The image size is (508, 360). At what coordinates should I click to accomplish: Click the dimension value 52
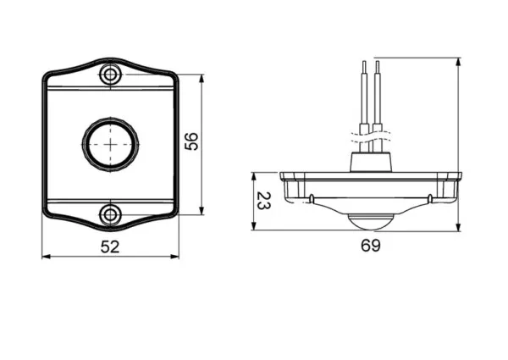[110, 246]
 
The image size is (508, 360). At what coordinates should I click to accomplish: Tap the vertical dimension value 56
[191, 141]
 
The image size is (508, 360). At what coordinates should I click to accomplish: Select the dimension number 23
[263, 201]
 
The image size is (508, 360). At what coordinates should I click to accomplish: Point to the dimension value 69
[371, 246]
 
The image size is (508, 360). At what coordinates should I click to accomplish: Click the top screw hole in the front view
[110, 75]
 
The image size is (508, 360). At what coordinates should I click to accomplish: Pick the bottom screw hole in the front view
[110, 214]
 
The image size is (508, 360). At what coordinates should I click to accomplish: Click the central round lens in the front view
[110, 145]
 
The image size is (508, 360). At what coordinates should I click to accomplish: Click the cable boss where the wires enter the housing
[372, 162]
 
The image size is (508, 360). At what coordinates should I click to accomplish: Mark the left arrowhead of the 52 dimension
[46, 257]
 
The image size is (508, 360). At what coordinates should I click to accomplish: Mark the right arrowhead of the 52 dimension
[175, 257]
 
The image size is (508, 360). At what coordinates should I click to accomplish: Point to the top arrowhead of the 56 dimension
[202, 79]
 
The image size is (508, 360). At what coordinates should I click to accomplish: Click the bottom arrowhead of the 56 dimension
[202, 211]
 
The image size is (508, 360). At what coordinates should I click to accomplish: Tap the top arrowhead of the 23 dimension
[254, 176]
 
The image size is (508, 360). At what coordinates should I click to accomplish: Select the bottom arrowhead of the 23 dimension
[254, 226]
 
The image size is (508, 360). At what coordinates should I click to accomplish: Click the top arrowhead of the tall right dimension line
[458, 62]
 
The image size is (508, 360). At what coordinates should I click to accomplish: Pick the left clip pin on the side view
[312, 198]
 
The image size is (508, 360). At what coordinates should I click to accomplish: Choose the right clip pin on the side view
[430, 198]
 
